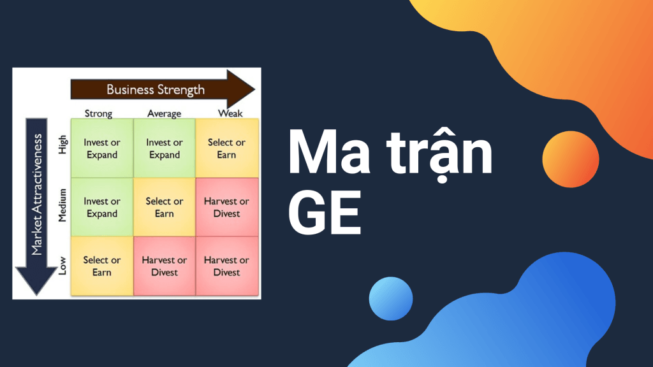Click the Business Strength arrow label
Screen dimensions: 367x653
coord(156,89)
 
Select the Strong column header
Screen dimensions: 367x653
coord(98,113)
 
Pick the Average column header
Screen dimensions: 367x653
coord(164,113)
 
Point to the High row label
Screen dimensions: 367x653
coord(62,148)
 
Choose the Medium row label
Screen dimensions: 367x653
coord(62,206)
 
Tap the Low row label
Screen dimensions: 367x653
coord(62,266)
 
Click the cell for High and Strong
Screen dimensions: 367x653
coord(102,148)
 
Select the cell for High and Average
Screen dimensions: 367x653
coord(165,148)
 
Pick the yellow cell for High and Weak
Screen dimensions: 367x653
coord(226,148)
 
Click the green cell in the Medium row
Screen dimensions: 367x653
coord(102,207)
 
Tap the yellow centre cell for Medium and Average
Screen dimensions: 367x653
coord(165,207)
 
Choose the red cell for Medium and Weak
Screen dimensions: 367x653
coord(226,207)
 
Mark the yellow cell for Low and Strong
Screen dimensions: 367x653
coord(102,266)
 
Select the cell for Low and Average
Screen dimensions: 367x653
coord(165,266)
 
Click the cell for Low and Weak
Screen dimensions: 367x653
coord(226,266)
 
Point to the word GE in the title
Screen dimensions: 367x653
coord(325,213)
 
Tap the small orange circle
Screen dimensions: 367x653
coord(571,159)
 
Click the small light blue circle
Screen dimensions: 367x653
coord(391,299)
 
